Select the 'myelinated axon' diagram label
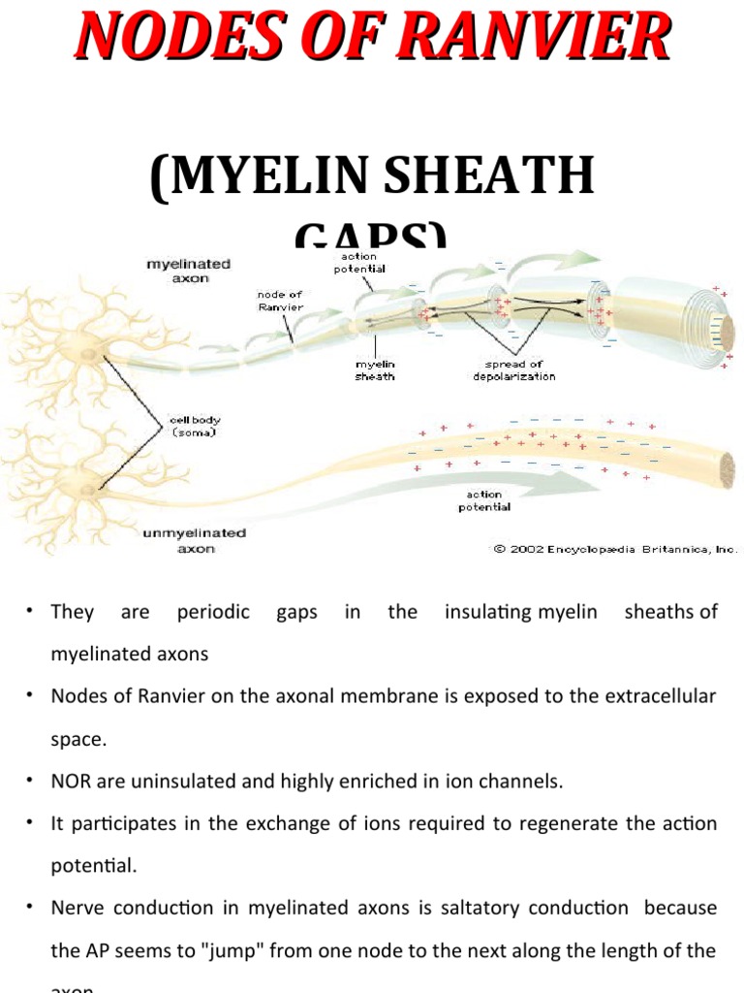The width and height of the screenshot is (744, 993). coord(189,270)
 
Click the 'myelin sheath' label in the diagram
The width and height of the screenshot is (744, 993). coord(375,369)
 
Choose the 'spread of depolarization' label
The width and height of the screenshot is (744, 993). coord(514,369)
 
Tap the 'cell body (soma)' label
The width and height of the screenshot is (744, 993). coord(194,427)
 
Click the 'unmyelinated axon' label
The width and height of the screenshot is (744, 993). coord(195,540)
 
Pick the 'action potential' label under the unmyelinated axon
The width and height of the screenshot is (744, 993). coord(484,500)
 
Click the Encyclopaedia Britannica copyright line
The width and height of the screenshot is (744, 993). coord(615,548)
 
